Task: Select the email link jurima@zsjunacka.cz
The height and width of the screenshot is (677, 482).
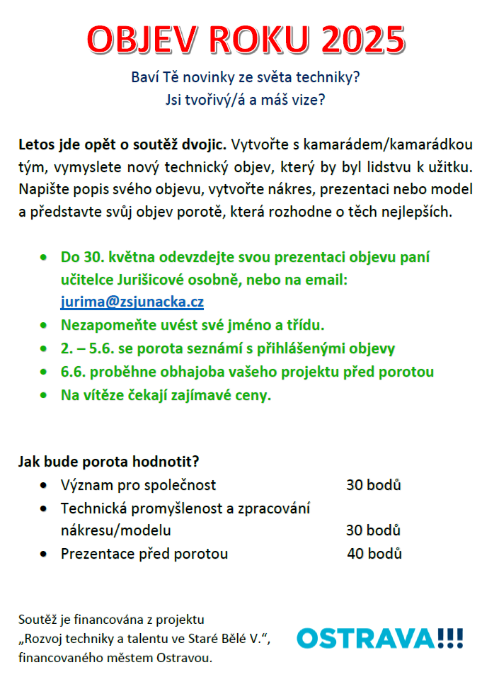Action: click(x=132, y=302)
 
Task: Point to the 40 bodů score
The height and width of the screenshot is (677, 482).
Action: click(x=374, y=554)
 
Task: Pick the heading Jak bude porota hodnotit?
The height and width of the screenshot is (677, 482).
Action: click(x=108, y=462)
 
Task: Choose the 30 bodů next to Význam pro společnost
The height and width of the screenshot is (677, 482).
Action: click(x=374, y=485)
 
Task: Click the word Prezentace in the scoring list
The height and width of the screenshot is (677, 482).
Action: click(x=94, y=554)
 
